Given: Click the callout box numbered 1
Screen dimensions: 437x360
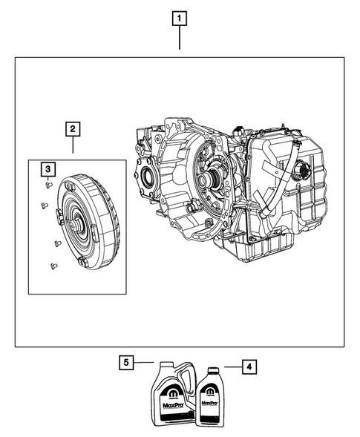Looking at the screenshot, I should click(179, 17).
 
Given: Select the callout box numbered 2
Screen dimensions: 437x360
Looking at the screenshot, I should click(73, 130).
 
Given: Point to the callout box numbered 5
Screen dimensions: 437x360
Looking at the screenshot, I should click(127, 363).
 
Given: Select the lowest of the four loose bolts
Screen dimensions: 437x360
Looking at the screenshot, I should click(52, 265).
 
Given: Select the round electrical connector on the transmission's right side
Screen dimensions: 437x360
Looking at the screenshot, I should click(305, 172).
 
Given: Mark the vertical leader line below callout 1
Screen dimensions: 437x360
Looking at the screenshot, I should click(179, 37).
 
